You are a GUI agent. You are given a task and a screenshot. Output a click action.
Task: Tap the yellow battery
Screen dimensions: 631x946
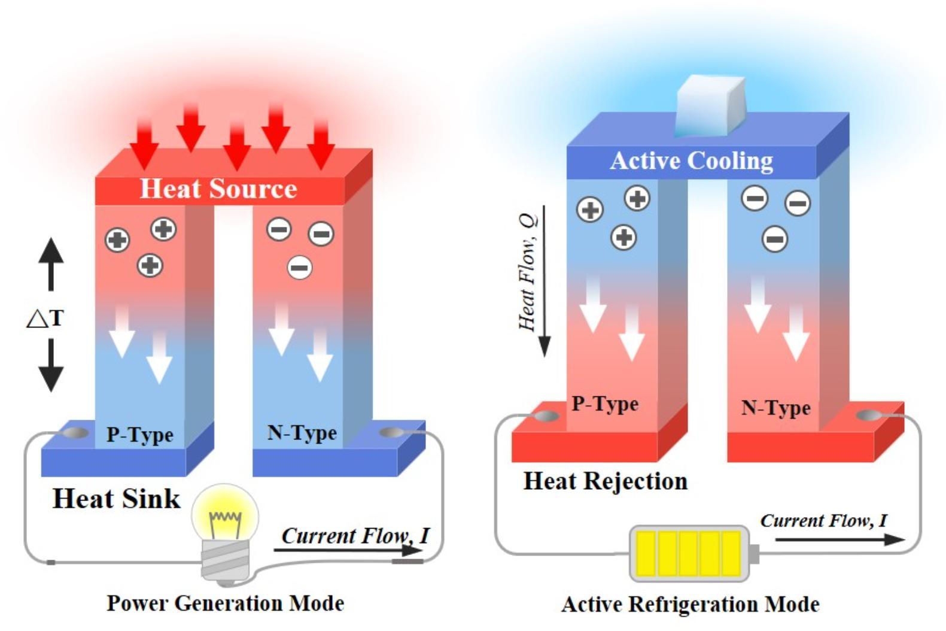689,553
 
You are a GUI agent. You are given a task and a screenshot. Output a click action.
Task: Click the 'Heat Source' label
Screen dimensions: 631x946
218,189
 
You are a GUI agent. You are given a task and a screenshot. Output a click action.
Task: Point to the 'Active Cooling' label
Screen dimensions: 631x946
691,160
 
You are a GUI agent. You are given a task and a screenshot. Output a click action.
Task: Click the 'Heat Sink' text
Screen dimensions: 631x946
116,498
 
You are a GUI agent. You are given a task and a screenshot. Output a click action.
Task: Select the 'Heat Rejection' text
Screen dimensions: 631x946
605,481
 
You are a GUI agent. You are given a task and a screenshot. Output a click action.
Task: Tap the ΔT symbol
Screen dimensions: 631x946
45,317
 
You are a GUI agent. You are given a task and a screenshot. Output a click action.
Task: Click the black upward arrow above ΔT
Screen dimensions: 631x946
51,263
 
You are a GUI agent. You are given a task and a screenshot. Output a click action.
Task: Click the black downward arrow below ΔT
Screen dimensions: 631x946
51,365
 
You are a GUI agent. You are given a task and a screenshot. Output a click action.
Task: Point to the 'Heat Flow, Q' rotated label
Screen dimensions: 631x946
528,272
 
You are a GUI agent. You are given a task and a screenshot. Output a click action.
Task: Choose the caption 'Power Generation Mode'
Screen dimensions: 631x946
225,602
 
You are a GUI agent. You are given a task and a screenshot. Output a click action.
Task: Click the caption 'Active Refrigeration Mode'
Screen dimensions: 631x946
690,603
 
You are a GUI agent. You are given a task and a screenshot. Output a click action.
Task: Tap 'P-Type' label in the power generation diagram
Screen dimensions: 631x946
139,434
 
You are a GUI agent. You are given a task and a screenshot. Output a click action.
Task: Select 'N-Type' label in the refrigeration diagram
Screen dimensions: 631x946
775,408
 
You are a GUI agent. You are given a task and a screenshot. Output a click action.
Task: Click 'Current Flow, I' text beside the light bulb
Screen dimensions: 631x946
355,535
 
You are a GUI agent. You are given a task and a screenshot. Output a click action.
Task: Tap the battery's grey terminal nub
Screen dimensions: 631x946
755,553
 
